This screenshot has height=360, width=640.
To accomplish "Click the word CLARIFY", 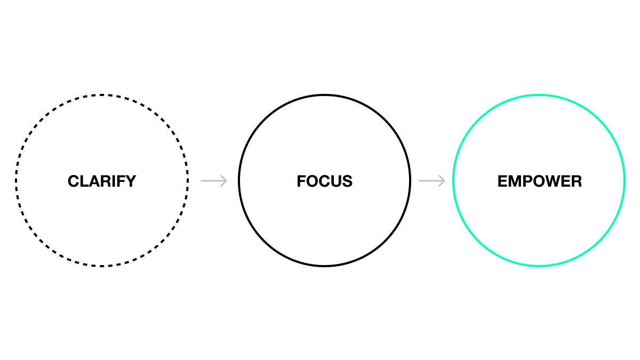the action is tap(102, 181).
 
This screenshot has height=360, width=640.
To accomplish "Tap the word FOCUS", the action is tap(324, 181).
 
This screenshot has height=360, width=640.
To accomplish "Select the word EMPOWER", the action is tap(539, 181).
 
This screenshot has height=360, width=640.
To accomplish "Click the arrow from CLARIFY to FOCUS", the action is tap(213, 181).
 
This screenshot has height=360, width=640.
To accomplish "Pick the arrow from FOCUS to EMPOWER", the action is tap(431, 181).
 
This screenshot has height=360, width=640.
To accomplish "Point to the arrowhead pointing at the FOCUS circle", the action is tap(225, 181).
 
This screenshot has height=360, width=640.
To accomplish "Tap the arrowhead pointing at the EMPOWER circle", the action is tap(443, 181).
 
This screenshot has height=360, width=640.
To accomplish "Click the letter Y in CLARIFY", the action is tap(131, 181).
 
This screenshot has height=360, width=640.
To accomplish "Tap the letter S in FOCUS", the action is tap(347, 181).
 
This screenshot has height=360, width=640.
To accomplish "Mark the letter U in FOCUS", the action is tap(336, 181).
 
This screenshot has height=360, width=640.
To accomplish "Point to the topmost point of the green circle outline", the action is tap(539, 95).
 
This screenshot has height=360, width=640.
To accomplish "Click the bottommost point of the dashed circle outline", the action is tap(102, 266).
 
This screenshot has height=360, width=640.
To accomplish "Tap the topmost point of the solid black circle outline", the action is tap(324, 95).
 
